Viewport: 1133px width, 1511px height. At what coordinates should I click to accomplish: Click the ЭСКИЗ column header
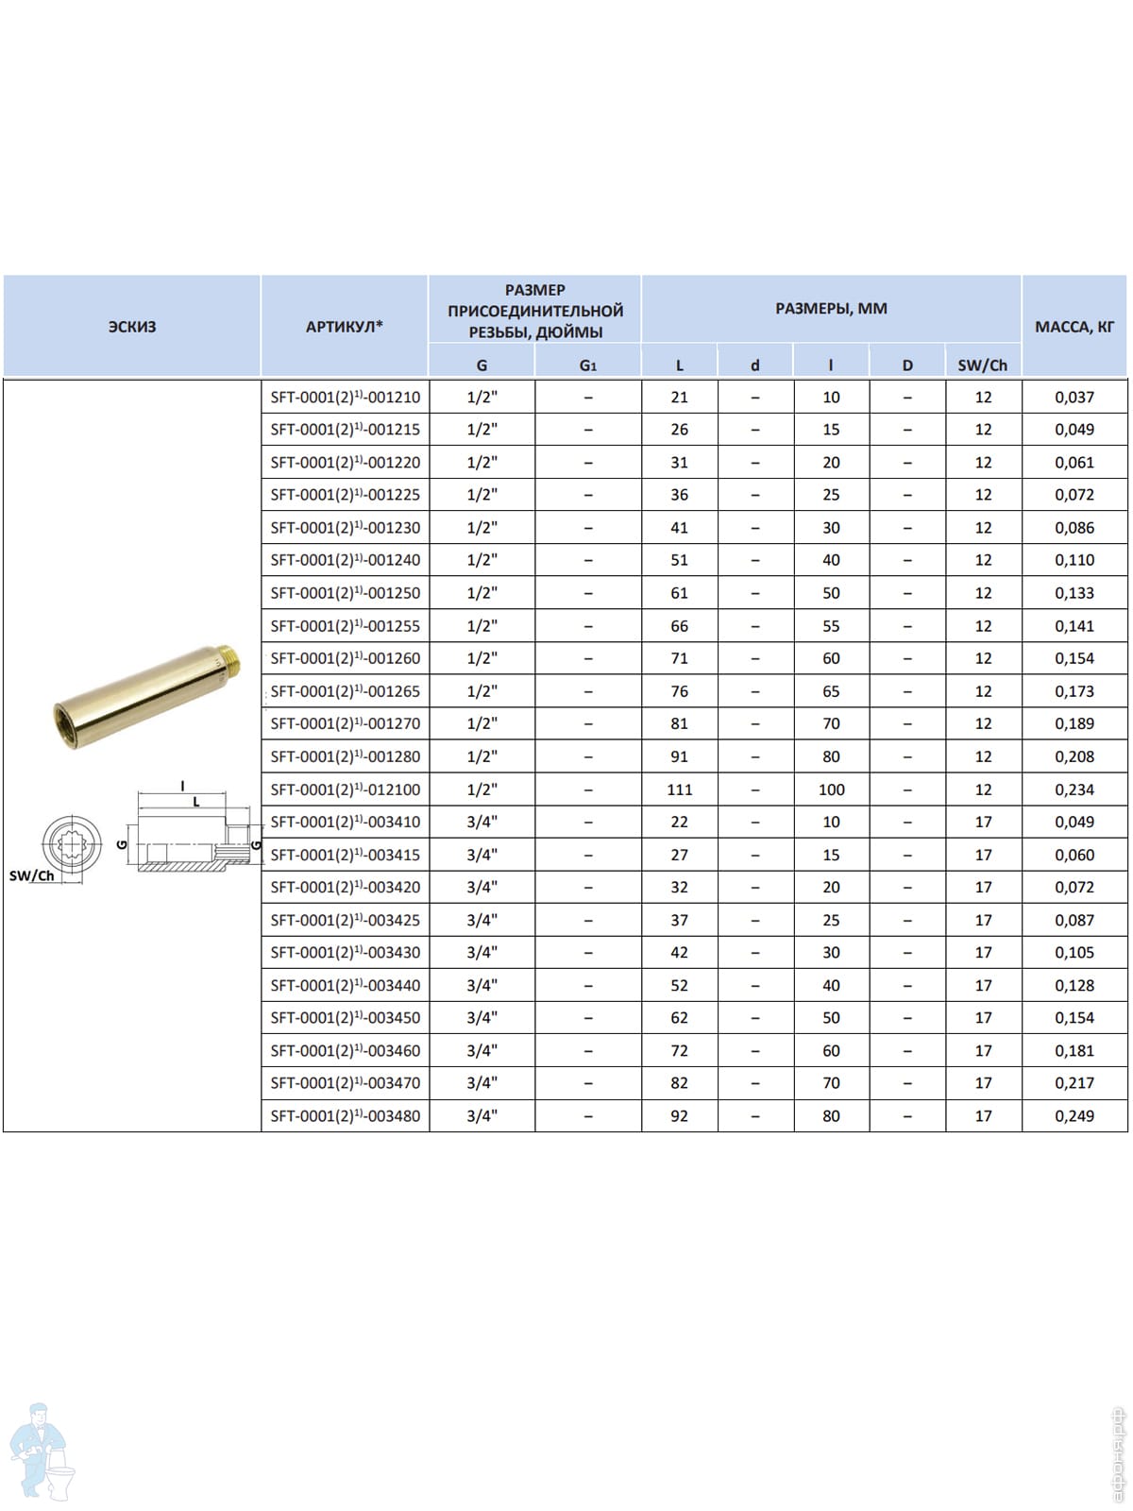(x=132, y=327)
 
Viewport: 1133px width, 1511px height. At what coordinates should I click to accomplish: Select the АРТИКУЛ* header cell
(x=345, y=327)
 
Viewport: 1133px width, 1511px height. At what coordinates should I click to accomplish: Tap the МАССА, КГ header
(x=1074, y=327)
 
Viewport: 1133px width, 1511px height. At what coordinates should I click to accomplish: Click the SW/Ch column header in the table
(x=983, y=365)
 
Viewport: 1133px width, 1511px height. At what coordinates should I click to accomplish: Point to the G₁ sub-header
(x=587, y=365)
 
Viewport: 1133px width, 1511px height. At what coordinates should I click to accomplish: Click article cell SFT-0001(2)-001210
(x=346, y=397)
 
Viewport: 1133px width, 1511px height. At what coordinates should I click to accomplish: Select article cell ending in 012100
(x=346, y=789)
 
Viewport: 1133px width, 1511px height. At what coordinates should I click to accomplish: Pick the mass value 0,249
(x=1074, y=1116)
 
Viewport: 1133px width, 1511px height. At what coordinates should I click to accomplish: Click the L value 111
(x=680, y=789)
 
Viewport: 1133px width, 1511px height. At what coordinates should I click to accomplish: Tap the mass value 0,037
(x=1074, y=397)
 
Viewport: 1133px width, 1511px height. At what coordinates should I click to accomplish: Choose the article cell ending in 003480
(x=346, y=1116)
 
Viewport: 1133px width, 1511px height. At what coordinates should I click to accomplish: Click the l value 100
(x=831, y=789)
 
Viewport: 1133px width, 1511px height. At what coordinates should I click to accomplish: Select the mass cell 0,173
(x=1074, y=691)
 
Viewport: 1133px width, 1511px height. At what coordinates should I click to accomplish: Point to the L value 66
(x=680, y=626)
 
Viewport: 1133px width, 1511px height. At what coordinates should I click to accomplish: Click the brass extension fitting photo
(x=147, y=693)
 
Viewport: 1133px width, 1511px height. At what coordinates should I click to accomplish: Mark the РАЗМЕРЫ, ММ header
(x=831, y=309)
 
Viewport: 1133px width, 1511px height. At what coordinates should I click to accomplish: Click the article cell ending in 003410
(x=346, y=822)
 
